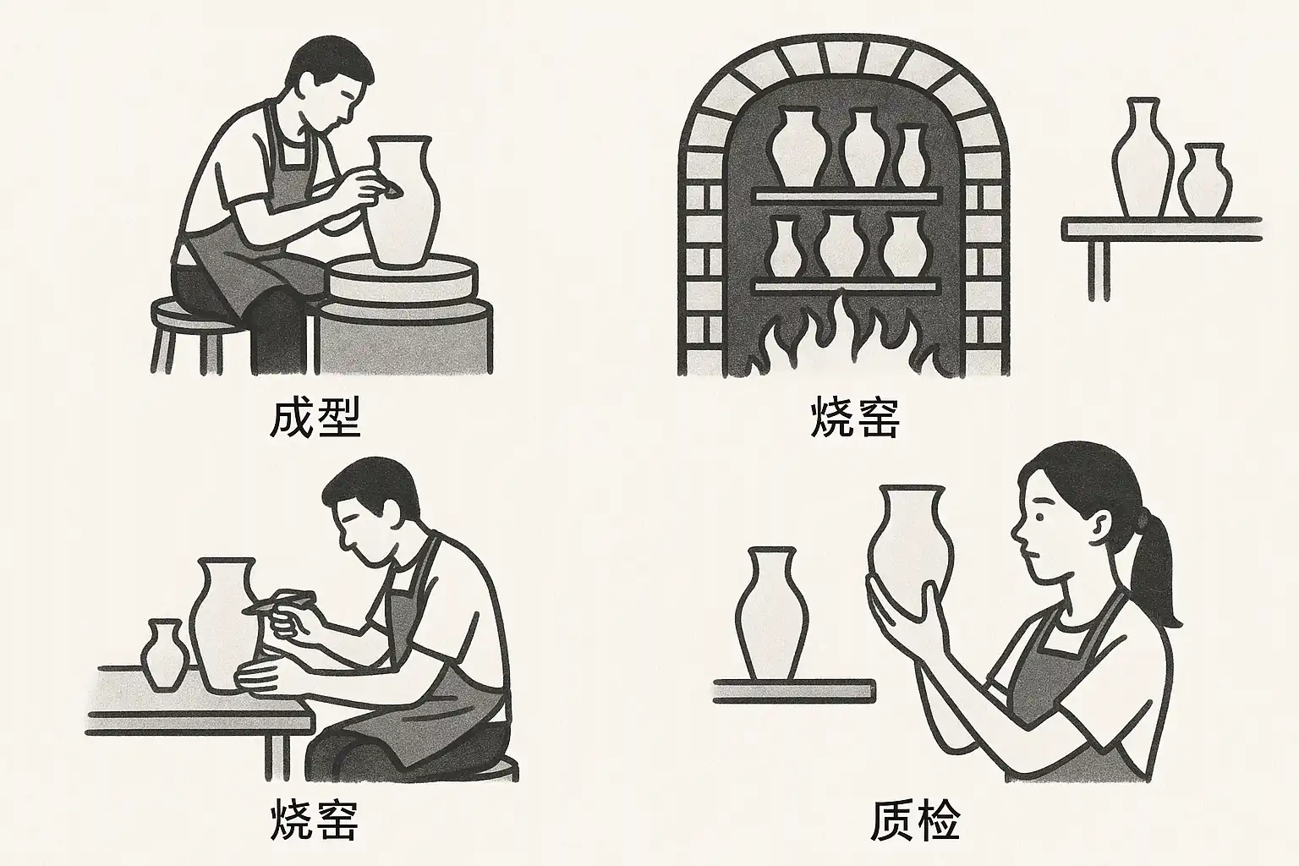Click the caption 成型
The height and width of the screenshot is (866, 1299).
coord(315,417)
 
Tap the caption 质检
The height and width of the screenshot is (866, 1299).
coord(916,820)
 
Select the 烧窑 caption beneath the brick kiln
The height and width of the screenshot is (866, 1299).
coord(855,417)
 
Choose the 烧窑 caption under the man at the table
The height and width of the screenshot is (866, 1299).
coord(314,819)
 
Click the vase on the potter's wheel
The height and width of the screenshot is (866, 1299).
coord(402,202)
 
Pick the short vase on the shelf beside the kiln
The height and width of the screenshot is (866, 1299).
coord(1204,180)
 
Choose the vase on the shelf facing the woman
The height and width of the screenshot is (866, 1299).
coord(771,614)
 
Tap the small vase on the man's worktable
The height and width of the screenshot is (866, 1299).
coord(165,655)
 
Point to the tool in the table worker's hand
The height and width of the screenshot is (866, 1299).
coord(282,601)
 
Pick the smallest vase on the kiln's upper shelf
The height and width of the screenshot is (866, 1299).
coord(911,156)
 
